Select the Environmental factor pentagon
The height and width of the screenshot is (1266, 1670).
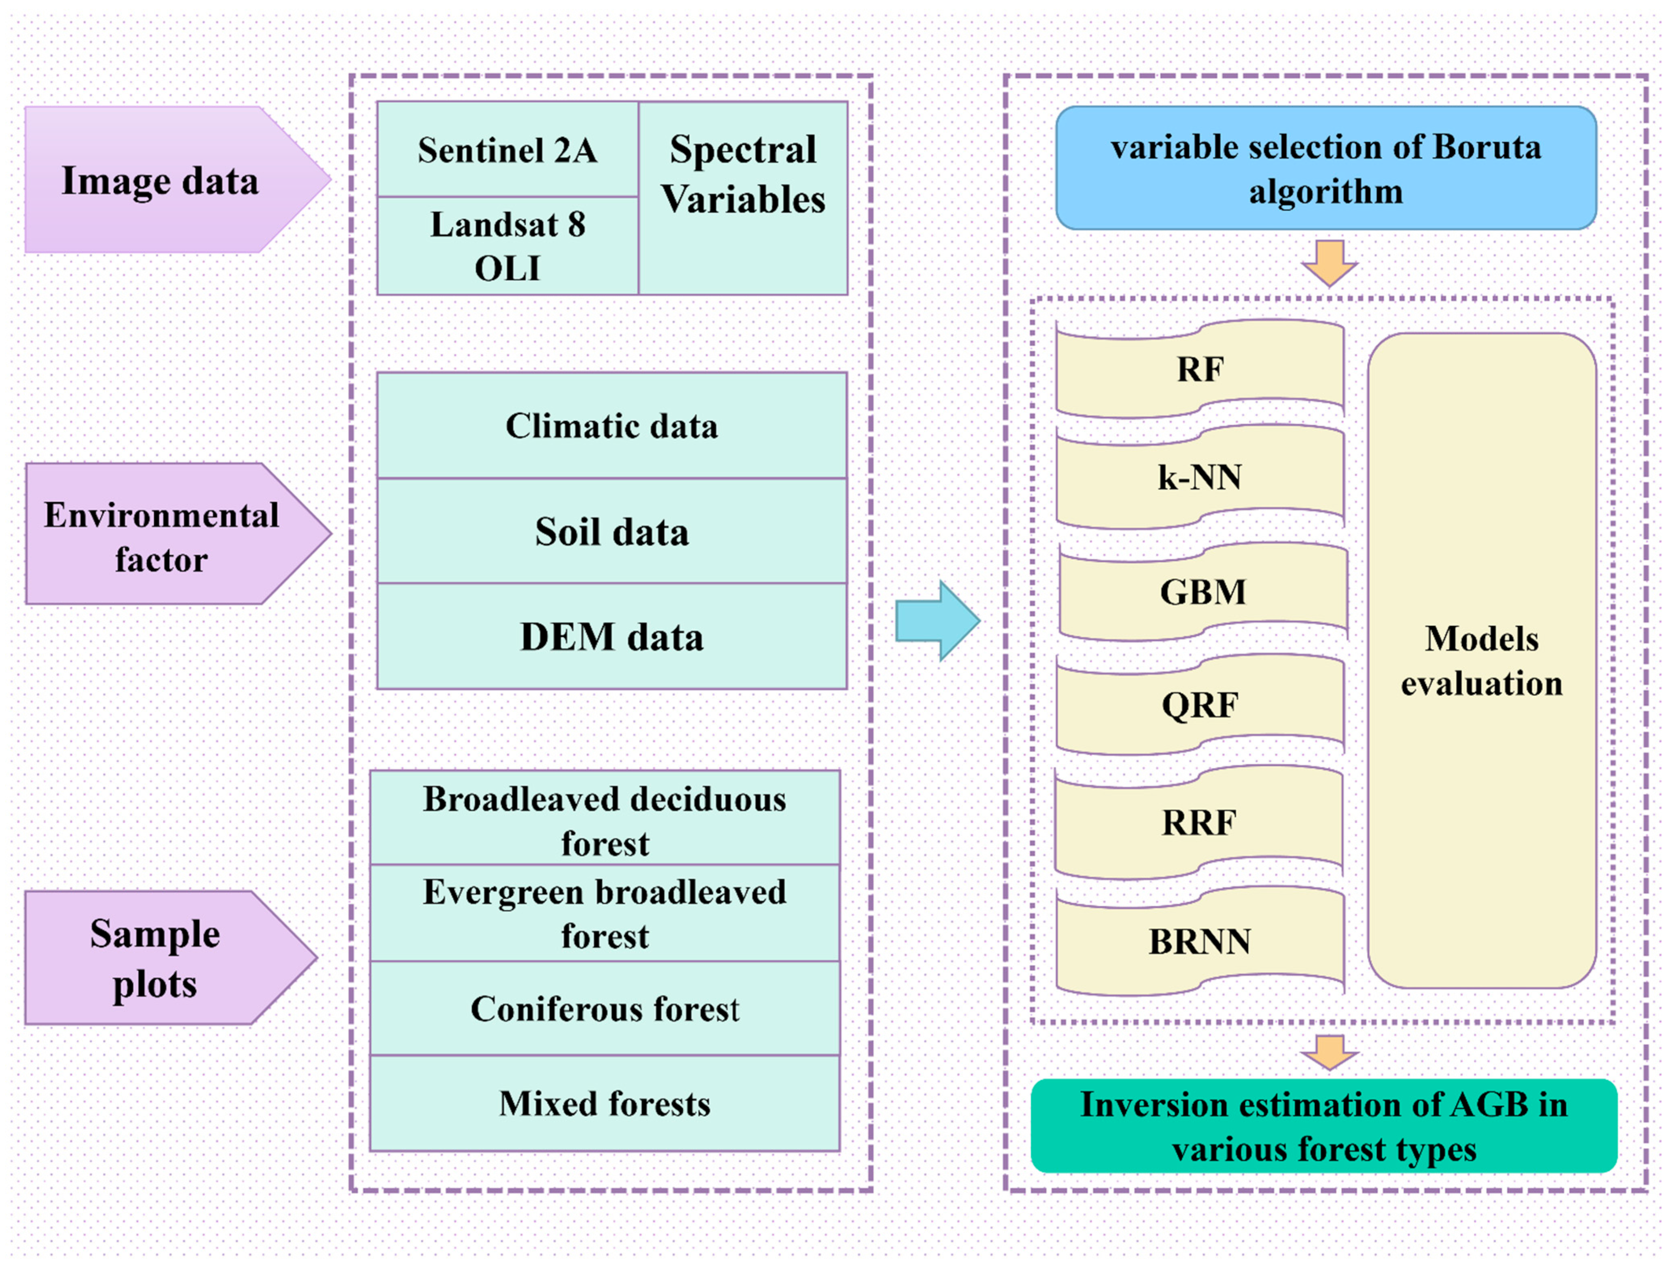click(162, 535)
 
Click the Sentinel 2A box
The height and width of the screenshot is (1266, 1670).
click(507, 150)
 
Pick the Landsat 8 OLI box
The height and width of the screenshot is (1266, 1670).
click(507, 246)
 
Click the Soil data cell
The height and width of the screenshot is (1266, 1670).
click(611, 531)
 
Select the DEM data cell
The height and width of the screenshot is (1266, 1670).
click(611, 636)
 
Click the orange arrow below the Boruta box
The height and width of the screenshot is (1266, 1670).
click(1329, 263)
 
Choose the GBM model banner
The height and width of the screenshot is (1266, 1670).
click(1203, 591)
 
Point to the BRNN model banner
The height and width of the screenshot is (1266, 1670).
click(1199, 941)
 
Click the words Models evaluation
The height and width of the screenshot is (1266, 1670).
click(1481, 661)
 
